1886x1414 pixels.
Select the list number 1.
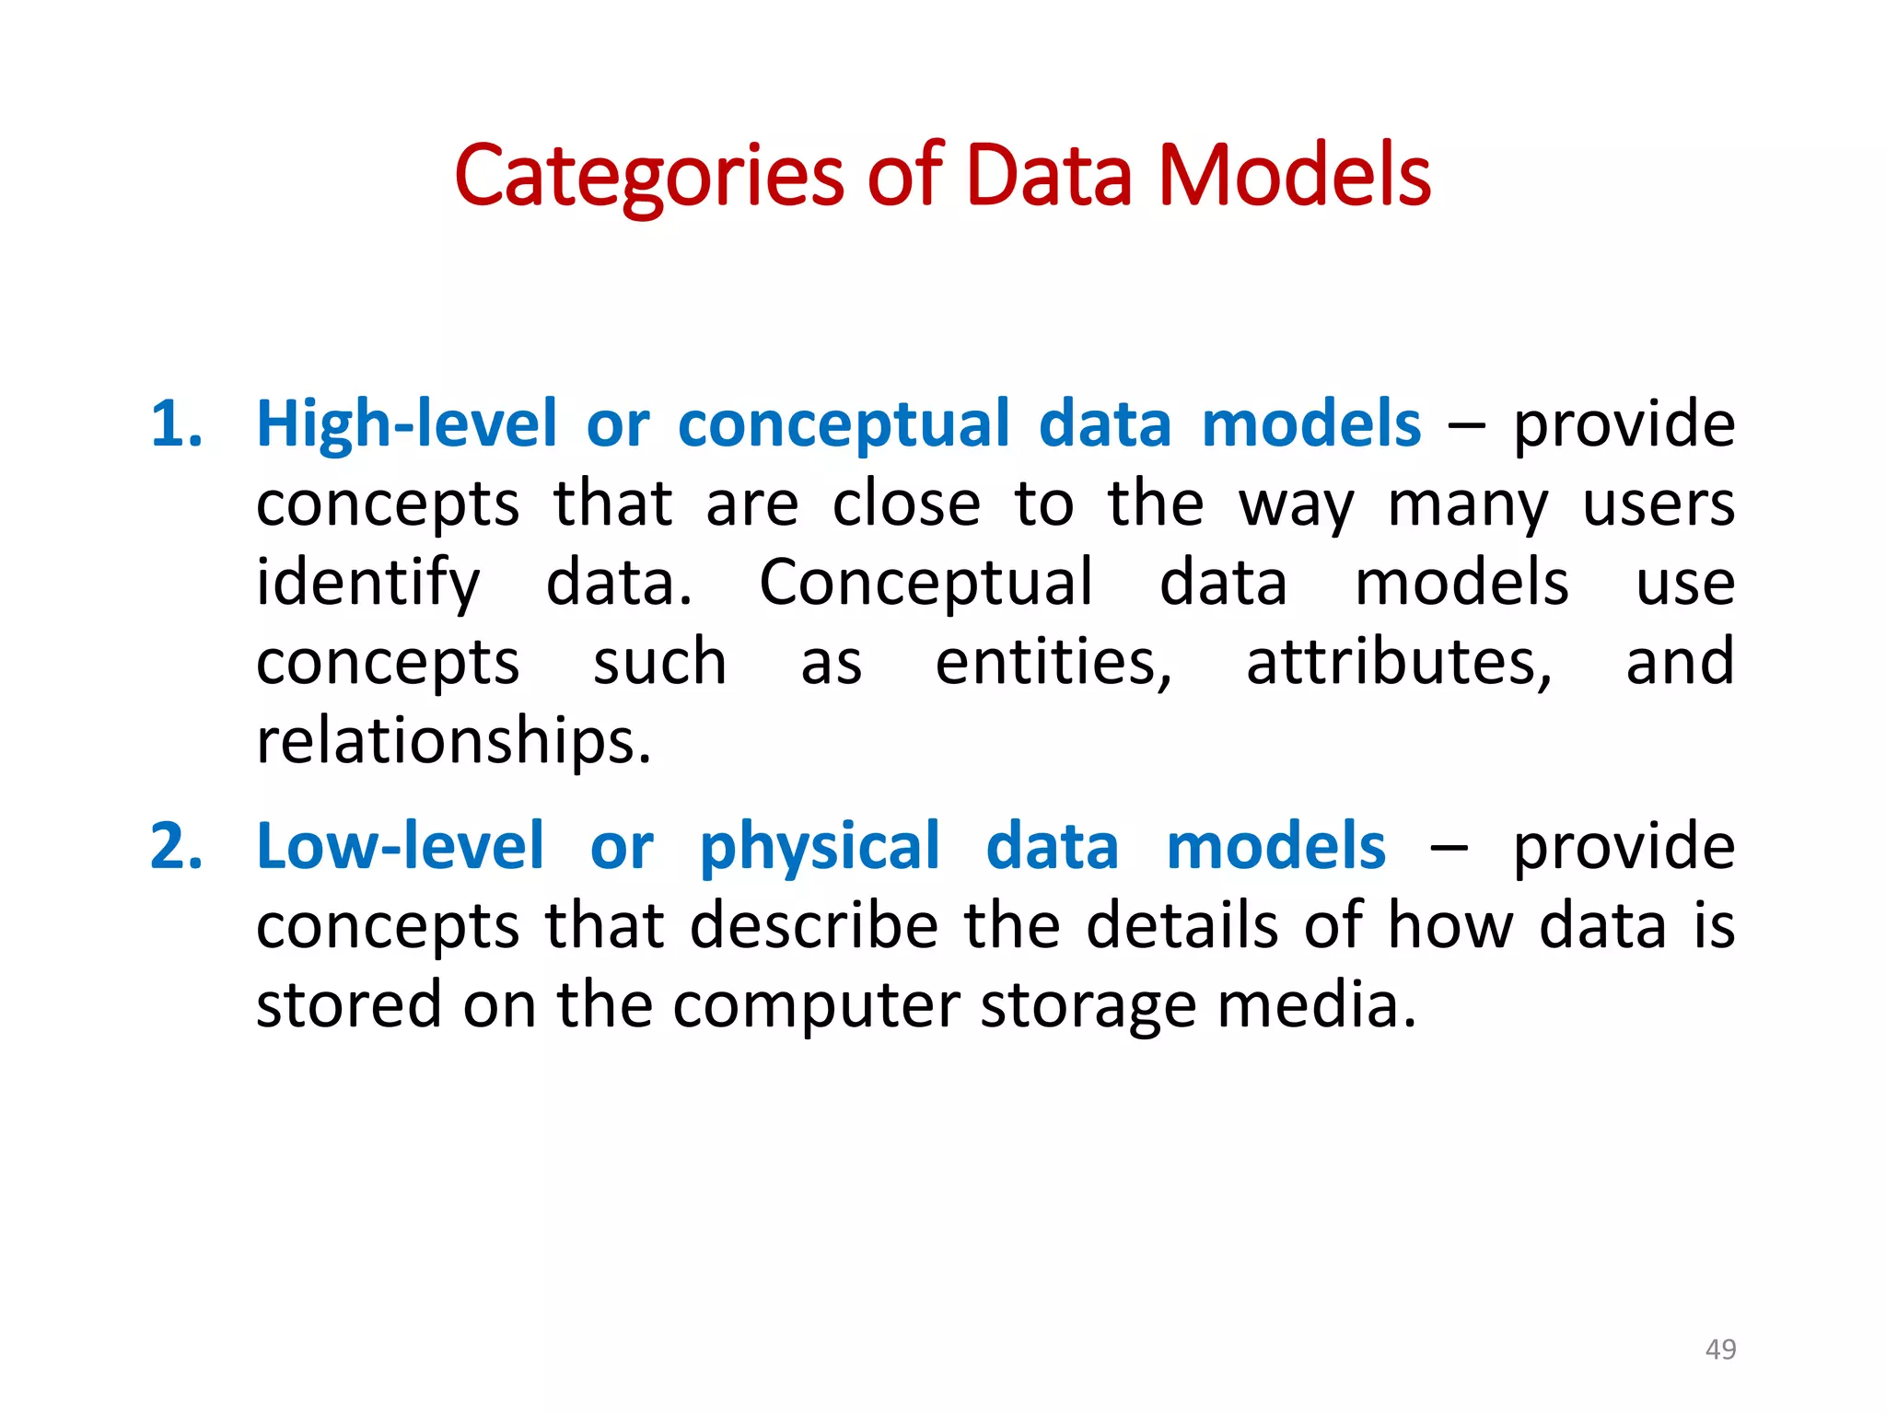pyautogui.click(x=176, y=424)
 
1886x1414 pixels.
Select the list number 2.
pyautogui.click(x=176, y=846)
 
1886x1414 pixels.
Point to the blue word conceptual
pyautogui.click(x=844, y=426)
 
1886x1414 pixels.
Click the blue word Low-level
pyautogui.click(x=401, y=846)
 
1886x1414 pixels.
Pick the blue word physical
pyautogui.click(x=820, y=848)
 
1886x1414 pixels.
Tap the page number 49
pyautogui.click(x=1720, y=1349)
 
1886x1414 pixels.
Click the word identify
pyautogui.click(x=367, y=585)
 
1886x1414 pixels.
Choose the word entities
pyautogui.click(x=1054, y=662)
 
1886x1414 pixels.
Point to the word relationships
pyautogui.click(x=453, y=741)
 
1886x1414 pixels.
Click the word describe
pyautogui.click(x=815, y=925)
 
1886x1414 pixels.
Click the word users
pyautogui.click(x=1659, y=505)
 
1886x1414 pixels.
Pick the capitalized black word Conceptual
pyautogui.click(x=926, y=585)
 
